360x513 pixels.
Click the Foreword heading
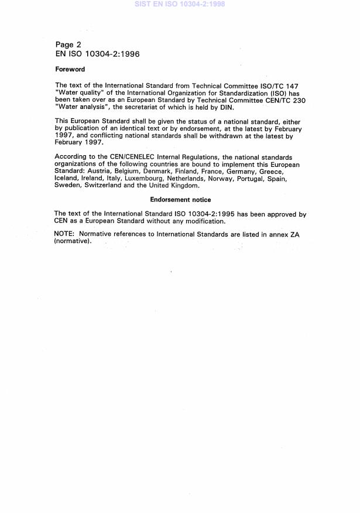(x=70, y=70)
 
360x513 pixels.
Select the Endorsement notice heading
(x=180, y=200)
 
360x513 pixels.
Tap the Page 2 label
(x=68, y=45)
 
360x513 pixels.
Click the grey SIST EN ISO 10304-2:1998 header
(x=180, y=4)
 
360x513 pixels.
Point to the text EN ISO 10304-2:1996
(x=97, y=54)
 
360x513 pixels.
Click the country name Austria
(x=100, y=172)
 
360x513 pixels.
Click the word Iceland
(x=67, y=179)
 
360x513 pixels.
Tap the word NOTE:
(x=64, y=235)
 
